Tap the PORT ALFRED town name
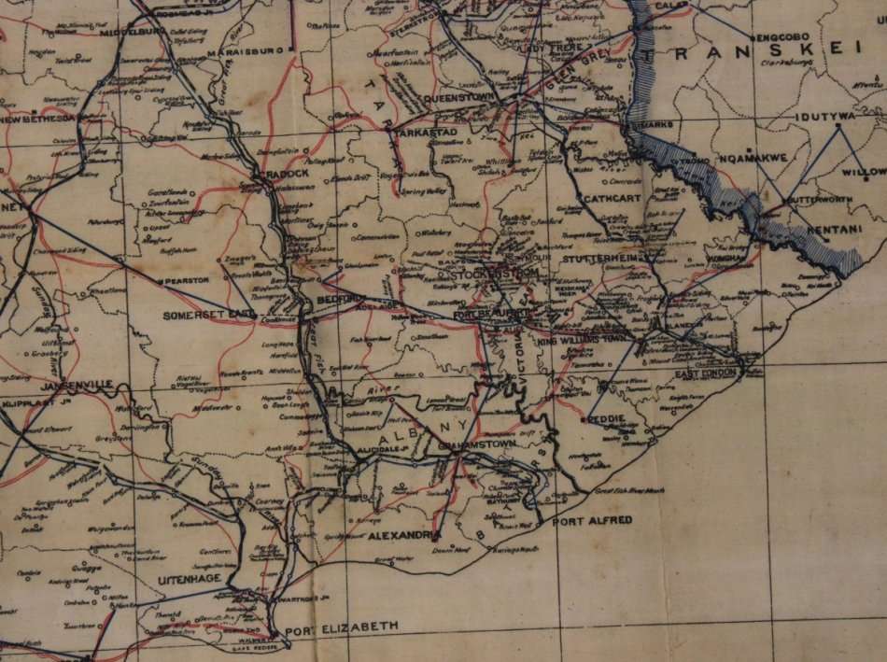(591, 520)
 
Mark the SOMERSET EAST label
(208, 316)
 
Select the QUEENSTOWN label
(458, 96)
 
